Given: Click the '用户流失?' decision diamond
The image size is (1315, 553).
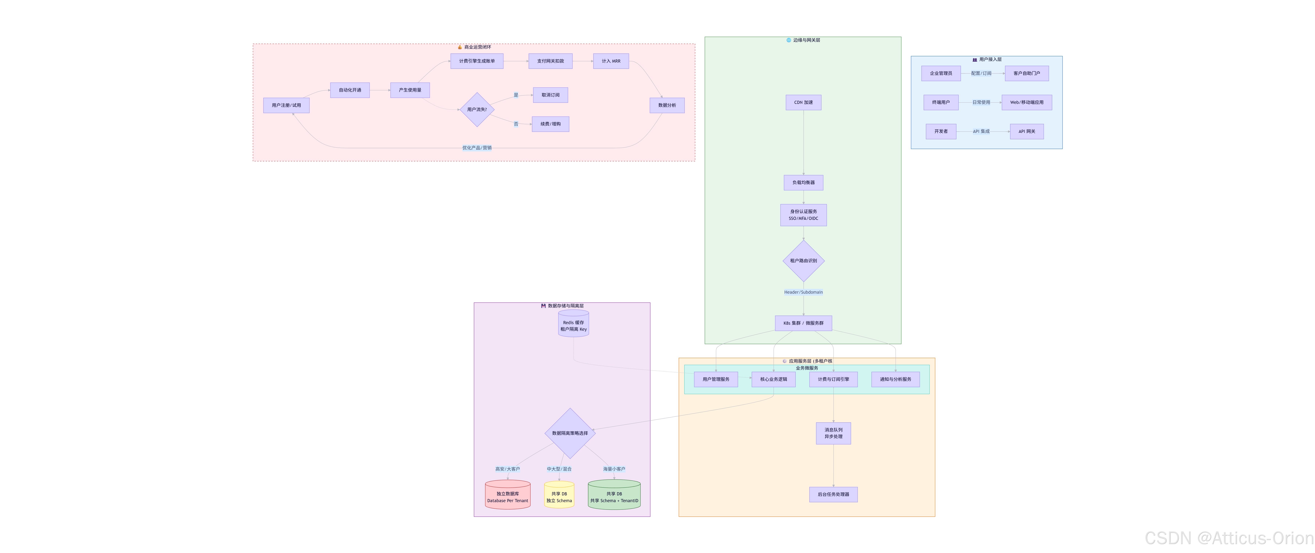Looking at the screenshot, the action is (477, 110).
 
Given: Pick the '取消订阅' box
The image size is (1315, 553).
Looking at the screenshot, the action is (550, 95).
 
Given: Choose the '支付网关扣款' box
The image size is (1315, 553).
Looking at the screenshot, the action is (550, 61).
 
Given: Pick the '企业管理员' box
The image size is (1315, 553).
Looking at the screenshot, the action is (941, 73).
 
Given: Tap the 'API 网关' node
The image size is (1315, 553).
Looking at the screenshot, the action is (1027, 132).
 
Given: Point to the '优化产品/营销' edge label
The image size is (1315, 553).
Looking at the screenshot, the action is (477, 148).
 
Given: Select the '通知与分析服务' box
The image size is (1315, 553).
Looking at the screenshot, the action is (895, 380).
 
